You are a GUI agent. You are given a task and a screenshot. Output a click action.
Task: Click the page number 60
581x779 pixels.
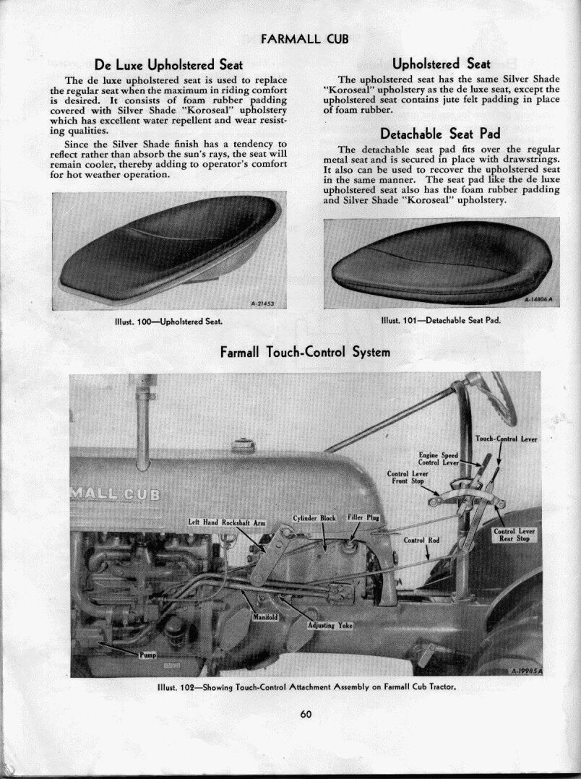[305, 715]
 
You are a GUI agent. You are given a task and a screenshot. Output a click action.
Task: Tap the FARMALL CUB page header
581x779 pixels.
[294, 38]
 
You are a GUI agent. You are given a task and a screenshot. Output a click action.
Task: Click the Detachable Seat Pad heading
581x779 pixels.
[440, 133]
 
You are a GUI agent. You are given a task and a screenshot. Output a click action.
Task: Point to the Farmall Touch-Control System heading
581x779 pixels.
[304, 352]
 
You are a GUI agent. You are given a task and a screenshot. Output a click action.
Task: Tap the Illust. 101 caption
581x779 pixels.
[441, 320]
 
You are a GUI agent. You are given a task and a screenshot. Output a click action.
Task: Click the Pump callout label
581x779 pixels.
[147, 655]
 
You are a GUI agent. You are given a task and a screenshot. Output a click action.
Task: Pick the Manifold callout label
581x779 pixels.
[265, 616]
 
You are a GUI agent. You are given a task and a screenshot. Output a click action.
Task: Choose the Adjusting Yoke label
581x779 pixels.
[330, 625]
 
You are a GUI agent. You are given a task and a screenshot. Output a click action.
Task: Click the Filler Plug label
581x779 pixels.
[363, 517]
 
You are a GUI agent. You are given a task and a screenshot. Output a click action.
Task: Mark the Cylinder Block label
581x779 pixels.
[315, 517]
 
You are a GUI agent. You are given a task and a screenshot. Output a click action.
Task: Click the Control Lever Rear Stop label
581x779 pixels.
[513, 535]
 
